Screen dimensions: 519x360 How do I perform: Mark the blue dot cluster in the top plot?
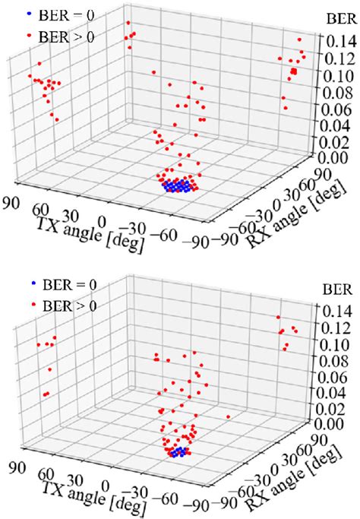(178, 185)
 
